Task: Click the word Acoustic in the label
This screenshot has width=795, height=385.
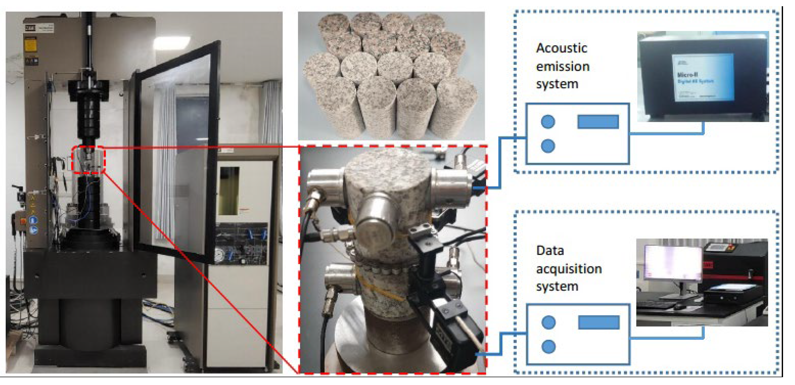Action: pyautogui.click(x=561, y=48)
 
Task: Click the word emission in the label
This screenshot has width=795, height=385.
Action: pyautogui.click(x=563, y=66)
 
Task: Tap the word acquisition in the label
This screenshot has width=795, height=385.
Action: pyautogui.click(x=569, y=269)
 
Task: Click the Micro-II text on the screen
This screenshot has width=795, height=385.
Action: pyautogui.click(x=687, y=75)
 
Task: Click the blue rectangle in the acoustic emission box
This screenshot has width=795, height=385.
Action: pyautogui.click(x=598, y=122)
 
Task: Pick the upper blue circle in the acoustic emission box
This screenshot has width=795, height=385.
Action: pyautogui.click(x=548, y=122)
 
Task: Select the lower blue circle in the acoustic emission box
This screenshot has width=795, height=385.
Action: pyautogui.click(x=548, y=146)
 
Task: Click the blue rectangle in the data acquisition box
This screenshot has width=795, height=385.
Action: pyautogui.click(x=598, y=322)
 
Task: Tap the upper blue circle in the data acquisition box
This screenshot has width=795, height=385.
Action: pyautogui.click(x=548, y=322)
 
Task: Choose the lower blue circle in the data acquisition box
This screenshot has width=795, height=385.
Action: pyautogui.click(x=548, y=347)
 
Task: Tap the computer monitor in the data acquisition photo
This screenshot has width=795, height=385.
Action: pyautogui.click(x=673, y=262)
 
